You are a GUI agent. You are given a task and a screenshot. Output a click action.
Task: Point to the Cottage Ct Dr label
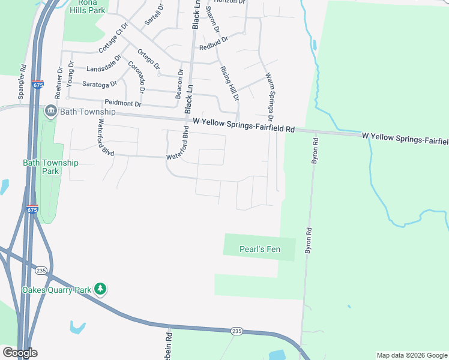click(x=114, y=38)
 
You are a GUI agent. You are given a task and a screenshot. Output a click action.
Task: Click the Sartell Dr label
click(x=154, y=14)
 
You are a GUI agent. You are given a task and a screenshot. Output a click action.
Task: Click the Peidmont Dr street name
click(x=122, y=104)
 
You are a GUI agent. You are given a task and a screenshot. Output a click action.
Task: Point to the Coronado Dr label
click(x=137, y=77)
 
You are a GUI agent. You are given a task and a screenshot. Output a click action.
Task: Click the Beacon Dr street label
click(x=179, y=84)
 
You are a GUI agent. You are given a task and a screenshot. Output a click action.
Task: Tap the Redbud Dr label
click(x=214, y=43)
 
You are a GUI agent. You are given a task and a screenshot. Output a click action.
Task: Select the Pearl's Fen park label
click(x=259, y=249)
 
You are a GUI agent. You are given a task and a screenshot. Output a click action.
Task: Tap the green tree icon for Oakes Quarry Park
click(x=101, y=290)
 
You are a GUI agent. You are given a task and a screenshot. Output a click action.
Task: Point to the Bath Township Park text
click(x=50, y=167)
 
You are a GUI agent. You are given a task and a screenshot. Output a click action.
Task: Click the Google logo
click(x=20, y=353)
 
